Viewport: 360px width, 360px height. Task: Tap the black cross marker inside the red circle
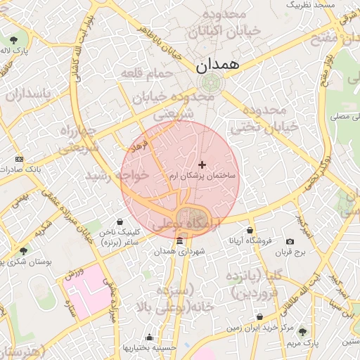click(x=202, y=164)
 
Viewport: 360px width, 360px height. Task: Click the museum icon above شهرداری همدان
click(x=179, y=241)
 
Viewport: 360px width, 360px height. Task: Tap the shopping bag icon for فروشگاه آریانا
click(x=250, y=230)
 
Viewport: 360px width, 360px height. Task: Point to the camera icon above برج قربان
click(x=290, y=241)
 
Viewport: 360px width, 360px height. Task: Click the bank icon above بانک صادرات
click(x=18, y=159)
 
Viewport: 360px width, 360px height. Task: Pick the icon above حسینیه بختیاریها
click(x=148, y=337)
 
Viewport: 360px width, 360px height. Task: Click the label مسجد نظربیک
click(x=314, y=6)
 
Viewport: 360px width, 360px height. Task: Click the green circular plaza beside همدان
click(x=208, y=83)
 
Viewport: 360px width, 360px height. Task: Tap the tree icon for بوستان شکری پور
click(x=23, y=250)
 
